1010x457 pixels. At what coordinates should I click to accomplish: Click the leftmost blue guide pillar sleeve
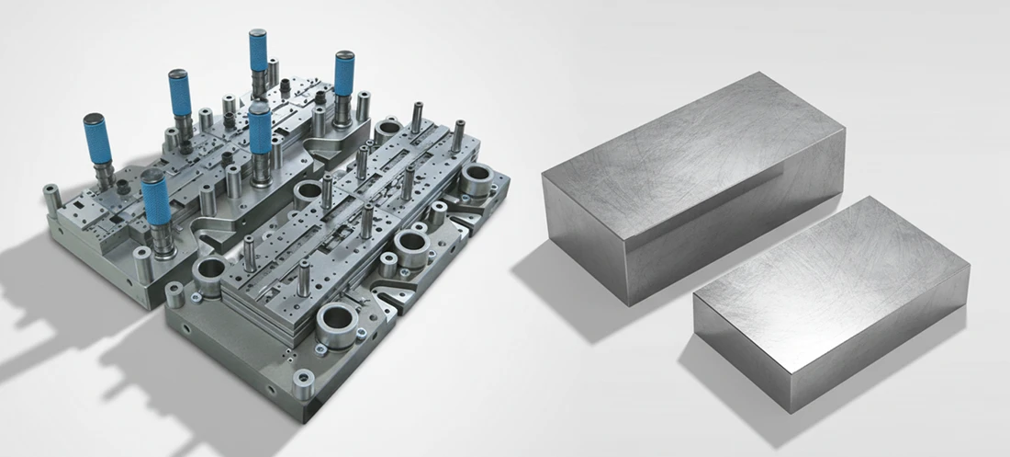point(97,139)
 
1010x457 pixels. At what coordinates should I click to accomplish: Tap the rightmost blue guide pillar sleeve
point(344,74)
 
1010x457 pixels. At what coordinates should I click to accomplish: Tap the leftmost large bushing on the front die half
point(210,272)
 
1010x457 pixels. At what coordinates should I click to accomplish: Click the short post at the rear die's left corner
point(51,194)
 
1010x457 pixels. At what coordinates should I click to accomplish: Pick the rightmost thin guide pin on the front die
point(457,135)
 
